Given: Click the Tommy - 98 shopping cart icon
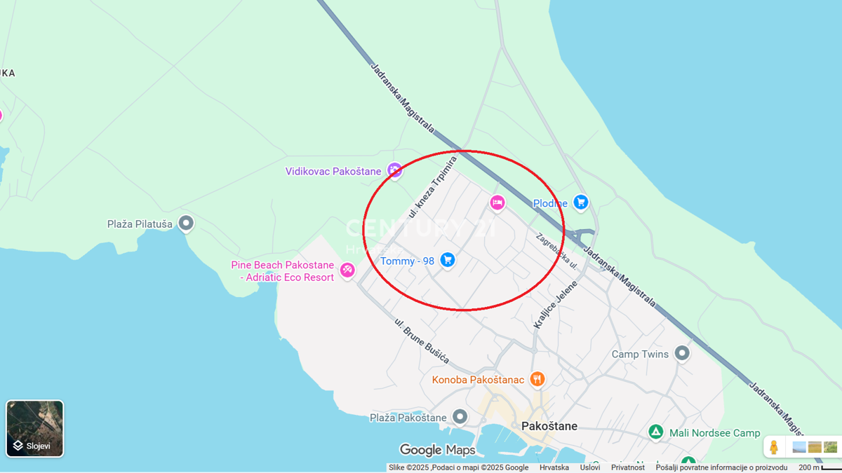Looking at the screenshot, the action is (448, 261).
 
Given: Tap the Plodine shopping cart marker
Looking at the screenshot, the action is (580, 203).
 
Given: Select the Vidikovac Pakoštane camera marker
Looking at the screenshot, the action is (394, 171).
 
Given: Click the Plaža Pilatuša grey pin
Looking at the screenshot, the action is (186, 224).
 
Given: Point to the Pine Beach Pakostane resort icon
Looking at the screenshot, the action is (347, 270).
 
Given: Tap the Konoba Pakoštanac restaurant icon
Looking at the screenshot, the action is (537, 380).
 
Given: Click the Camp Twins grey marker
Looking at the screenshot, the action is (682, 353).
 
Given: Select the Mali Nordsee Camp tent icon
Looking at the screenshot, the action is (655, 432).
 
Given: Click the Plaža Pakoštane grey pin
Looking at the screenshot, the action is (460, 418).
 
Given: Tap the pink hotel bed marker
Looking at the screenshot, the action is (497, 203).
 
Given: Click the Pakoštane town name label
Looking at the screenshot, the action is (549, 426).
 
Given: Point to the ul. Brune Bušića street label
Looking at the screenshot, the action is (421, 341).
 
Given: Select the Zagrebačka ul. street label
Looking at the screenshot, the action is (556, 251).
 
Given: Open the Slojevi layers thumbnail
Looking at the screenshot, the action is (35, 428).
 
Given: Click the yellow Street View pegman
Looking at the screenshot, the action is (774, 447).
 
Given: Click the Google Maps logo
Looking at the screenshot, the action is (437, 450).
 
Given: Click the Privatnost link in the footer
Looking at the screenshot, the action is (627, 467).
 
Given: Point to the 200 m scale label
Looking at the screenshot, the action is (808, 467).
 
